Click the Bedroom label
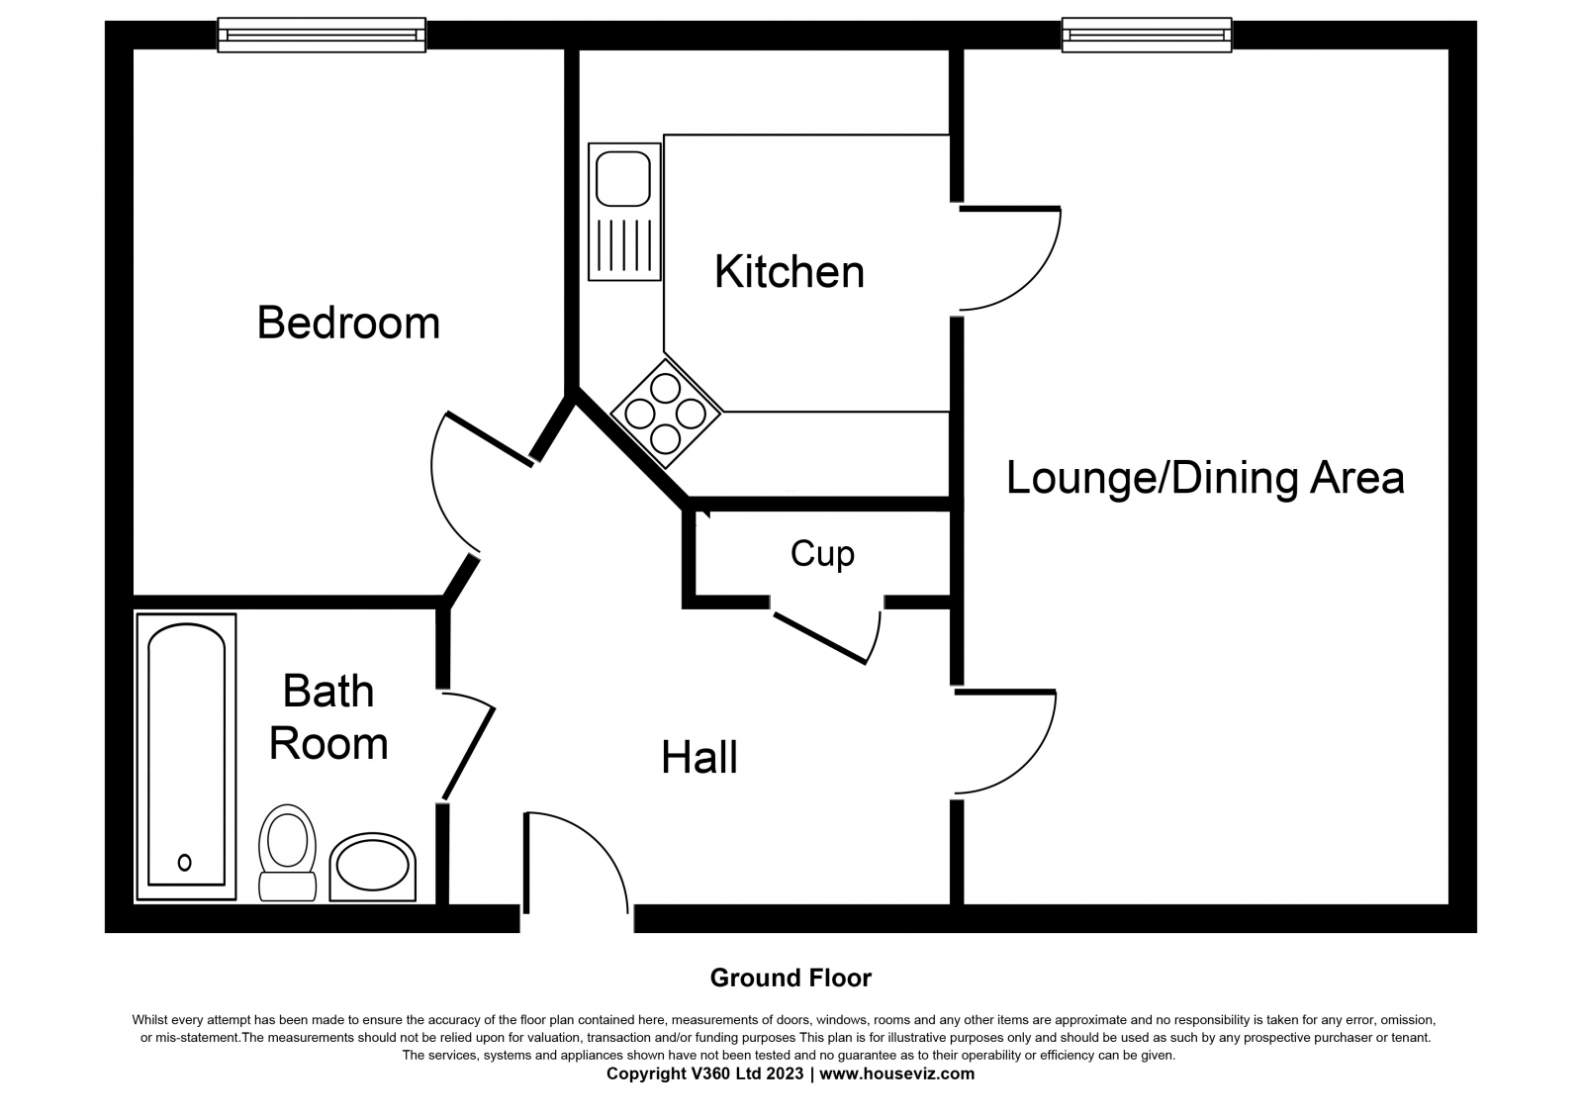coord(347,324)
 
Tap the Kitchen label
coord(790,271)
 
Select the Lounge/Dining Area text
coord(1205,478)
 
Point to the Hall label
coord(698,758)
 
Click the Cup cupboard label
coord(822,554)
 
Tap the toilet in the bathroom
coord(287,852)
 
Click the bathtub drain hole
coord(184,863)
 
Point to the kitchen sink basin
coord(622,178)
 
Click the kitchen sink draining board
coord(624,245)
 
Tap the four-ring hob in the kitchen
coord(666,414)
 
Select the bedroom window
coord(322,35)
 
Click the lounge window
coord(1147,35)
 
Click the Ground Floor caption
coord(791,979)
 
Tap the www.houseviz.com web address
coord(896,1073)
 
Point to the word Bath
coord(327,691)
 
